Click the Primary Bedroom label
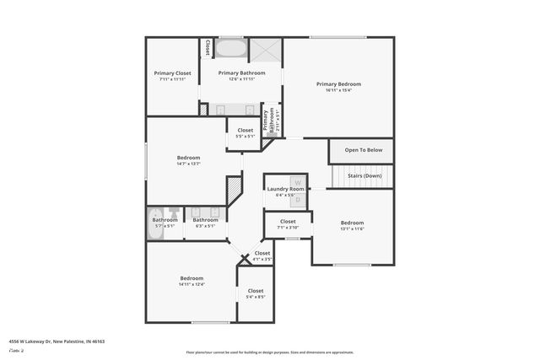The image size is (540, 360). [338, 83]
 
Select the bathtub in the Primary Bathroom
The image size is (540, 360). [229, 48]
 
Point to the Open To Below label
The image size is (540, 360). [364, 150]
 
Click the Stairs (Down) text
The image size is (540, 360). [364, 175]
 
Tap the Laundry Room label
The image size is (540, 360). [285, 189]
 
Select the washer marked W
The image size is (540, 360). [297, 181]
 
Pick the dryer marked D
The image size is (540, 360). [297, 199]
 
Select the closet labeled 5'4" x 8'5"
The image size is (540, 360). [256, 293]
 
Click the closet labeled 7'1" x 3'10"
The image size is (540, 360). [288, 224]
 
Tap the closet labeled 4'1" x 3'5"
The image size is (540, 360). [262, 255]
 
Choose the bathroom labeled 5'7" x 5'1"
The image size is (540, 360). [165, 223]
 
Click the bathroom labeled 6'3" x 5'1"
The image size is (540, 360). [205, 223]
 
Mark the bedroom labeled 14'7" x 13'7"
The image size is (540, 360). [188, 161]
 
